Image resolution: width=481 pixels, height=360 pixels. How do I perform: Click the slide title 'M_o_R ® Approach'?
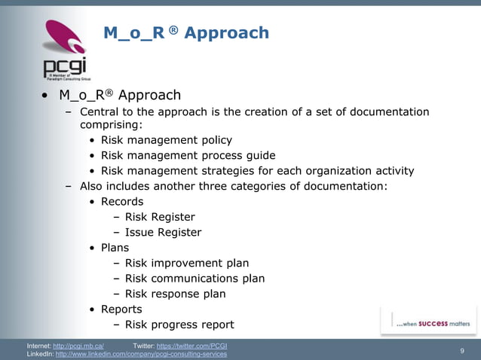[x=185, y=33]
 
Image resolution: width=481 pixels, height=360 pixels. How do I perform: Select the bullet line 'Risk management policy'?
[x=166, y=140]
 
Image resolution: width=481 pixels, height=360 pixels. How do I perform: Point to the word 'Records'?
[x=121, y=201]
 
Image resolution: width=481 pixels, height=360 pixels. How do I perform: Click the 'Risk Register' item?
[x=159, y=217]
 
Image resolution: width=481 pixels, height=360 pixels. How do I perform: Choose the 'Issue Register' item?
[x=163, y=233]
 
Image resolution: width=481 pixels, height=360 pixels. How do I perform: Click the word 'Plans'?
[x=115, y=248]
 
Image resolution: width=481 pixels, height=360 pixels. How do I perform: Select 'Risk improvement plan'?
[x=186, y=264]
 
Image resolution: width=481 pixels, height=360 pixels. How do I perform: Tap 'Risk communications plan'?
[x=195, y=279]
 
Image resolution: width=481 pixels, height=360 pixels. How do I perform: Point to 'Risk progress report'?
[x=179, y=325]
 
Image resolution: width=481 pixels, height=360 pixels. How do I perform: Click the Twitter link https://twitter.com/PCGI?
[x=193, y=346]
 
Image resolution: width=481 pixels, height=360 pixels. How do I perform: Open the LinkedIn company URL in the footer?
[x=141, y=354]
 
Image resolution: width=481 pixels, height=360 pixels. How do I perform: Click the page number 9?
[x=461, y=350]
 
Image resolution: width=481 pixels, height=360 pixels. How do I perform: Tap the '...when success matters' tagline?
[x=433, y=323]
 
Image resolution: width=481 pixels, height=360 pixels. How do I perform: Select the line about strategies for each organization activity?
[x=257, y=170]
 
